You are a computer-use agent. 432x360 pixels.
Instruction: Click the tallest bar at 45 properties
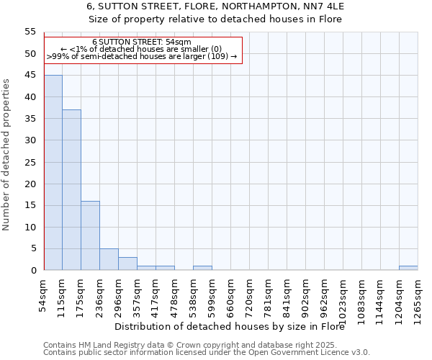click(53, 173)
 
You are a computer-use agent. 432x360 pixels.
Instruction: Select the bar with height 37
click(71, 190)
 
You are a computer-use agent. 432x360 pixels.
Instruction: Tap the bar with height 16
click(90, 235)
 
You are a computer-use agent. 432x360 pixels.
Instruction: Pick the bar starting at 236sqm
click(109, 259)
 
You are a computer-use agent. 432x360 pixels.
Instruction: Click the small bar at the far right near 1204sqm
click(408, 268)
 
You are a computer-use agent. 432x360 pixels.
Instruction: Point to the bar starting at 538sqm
click(202, 268)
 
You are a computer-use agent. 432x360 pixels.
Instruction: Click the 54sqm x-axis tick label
click(44, 293)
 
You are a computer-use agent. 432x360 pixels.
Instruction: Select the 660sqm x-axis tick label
click(230, 294)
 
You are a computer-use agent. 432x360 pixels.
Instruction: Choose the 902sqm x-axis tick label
click(305, 294)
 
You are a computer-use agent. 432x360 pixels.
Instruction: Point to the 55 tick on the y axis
click(30, 32)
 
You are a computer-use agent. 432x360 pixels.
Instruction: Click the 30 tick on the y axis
click(30, 140)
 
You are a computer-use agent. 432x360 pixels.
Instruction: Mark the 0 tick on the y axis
click(33, 271)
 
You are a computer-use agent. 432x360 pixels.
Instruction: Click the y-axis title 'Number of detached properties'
click(6, 155)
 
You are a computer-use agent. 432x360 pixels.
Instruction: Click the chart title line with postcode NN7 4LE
click(215, 6)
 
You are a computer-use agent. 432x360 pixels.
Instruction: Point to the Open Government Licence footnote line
click(207, 352)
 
